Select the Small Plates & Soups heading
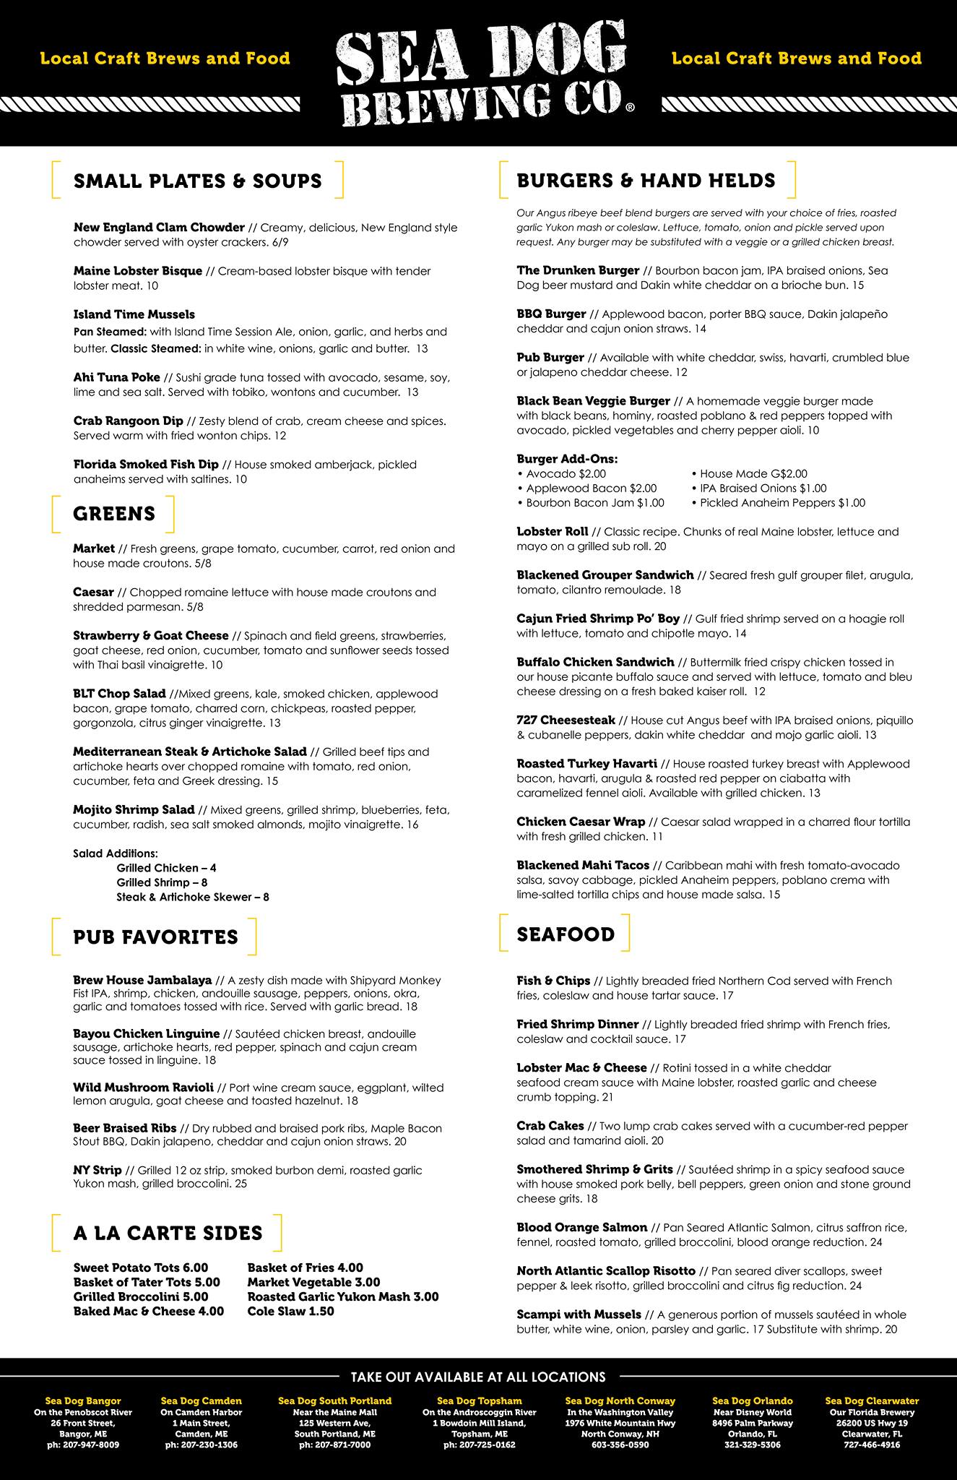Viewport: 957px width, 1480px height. pyautogui.click(x=197, y=181)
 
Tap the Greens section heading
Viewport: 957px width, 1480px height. pyautogui.click(x=114, y=514)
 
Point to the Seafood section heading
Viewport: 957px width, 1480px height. pyautogui.click(x=566, y=934)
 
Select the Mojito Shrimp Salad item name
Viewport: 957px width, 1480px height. pyautogui.click(x=134, y=809)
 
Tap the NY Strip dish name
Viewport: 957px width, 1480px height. pyautogui.click(x=97, y=1170)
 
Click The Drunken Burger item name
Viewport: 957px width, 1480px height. pyautogui.click(x=578, y=270)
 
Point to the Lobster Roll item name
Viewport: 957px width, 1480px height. pyautogui.click(x=553, y=531)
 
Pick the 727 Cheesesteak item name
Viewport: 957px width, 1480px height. pyautogui.click(x=566, y=720)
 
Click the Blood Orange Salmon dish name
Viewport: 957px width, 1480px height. pyautogui.click(x=581, y=1227)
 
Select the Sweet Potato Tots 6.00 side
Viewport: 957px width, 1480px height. pyautogui.click(x=141, y=1268)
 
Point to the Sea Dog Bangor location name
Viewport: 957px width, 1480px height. pyautogui.click(x=83, y=1401)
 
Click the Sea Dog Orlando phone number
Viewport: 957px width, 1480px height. pyautogui.click(x=752, y=1445)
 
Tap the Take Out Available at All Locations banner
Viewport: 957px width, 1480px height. pyautogui.click(x=478, y=1377)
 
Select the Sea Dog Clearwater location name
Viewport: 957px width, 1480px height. pyautogui.click(x=871, y=1401)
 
